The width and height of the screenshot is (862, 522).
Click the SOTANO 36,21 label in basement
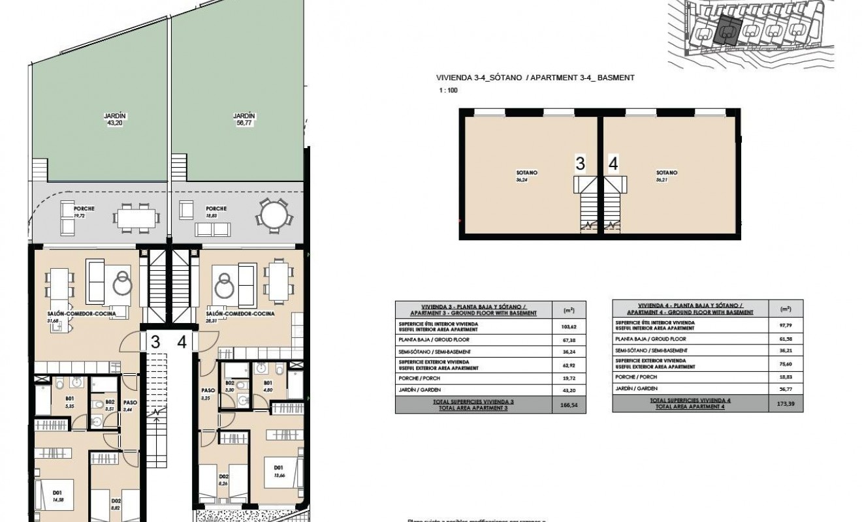(667, 176)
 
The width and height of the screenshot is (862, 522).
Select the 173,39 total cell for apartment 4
(781, 405)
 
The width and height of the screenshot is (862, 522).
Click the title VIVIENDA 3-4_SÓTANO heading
(479, 78)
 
